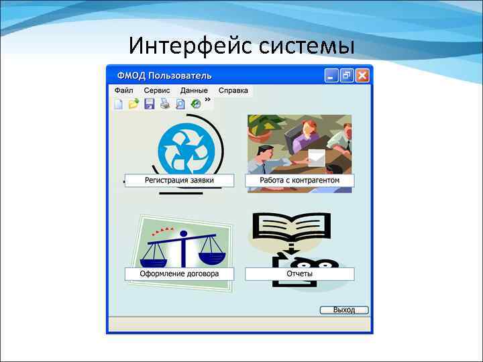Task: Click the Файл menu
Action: click(124, 90)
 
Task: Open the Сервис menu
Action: click(157, 90)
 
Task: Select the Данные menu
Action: click(194, 90)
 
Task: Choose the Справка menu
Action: click(233, 90)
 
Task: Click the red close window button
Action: click(362, 76)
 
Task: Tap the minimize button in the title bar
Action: click(331, 76)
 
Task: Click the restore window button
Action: click(347, 76)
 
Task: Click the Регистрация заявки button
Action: click(179, 180)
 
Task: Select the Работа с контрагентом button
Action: click(299, 180)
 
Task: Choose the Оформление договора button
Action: click(179, 274)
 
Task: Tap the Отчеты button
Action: click(299, 274)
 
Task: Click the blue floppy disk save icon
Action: click(150, 104)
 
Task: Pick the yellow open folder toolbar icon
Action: click(133, 104)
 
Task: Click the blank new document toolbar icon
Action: click(119, 104)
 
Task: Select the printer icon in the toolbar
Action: click(164, 104)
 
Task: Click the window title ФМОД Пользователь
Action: click(164, 75)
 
